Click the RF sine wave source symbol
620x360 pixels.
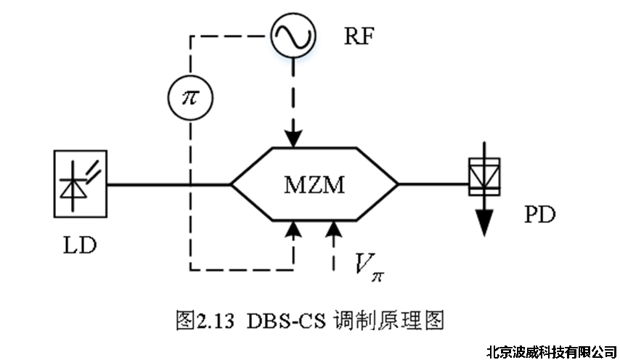point(293,35)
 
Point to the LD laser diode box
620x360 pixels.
point(81,184)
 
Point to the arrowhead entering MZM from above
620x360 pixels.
point(293,138)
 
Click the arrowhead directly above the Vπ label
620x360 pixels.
point(333,231)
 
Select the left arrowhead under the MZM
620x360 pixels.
point(293,231)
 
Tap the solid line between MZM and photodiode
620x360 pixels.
point(433,184)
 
